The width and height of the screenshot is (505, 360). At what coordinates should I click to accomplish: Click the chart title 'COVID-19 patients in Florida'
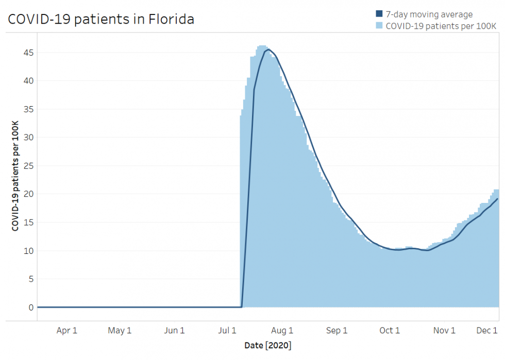[x=101, y=20]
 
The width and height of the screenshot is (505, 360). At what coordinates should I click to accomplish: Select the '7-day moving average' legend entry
[x=429, y=14]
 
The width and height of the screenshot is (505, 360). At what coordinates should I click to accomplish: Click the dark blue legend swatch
[x=379, y=14]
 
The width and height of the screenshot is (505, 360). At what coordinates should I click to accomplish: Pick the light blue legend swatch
[x=379, y=26]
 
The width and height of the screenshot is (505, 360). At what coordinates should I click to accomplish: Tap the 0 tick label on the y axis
[x=30, y=307]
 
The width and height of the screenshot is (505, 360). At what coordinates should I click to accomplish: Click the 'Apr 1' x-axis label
[x=67, y=331]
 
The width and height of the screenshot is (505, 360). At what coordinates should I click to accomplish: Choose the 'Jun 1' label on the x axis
[x=174, y=331]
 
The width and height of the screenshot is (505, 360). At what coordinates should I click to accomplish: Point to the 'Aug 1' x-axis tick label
[x=282, y=331]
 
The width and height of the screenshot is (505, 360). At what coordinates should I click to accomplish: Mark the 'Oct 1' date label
[x=390, y=331]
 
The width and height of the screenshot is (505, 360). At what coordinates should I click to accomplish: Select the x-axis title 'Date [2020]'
[x=268, y=345]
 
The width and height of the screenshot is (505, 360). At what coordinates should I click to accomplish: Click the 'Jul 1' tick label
[x=227, y=331]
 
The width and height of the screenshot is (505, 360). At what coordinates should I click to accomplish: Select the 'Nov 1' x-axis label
[x=444, y=331]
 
